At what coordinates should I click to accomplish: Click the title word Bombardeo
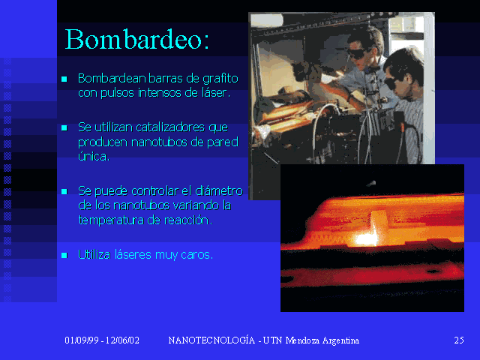(134, 39)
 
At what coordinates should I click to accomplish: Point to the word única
(93, 156)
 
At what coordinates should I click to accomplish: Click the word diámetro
(219, 190)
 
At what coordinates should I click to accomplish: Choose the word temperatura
(111, 220)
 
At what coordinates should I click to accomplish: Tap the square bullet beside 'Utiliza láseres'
(64, 255)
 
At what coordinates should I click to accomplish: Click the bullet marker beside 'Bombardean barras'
(64, 79)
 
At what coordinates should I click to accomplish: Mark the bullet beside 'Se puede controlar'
(64, 191)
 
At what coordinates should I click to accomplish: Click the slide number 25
(458, 340)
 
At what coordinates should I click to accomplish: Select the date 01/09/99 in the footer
(82, 340)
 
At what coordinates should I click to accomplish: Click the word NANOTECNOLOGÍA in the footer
(211, 340)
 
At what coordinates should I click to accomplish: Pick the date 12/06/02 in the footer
(122, 340)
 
